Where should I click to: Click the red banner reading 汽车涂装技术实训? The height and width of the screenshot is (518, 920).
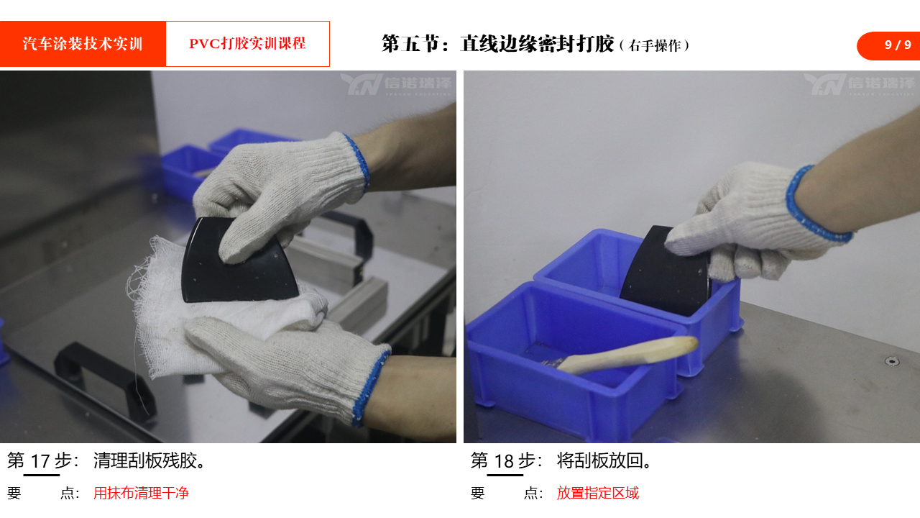83,44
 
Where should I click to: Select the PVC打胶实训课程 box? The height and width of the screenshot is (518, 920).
248,44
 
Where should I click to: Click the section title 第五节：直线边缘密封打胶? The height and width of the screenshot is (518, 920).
498,44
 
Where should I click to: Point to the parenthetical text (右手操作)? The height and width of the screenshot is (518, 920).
655,45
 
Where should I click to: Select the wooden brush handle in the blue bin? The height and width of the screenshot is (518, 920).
628,353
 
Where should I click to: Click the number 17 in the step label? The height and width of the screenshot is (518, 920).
41,461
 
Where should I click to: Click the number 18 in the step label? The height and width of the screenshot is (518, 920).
504,461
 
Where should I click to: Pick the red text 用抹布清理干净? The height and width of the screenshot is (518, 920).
141,493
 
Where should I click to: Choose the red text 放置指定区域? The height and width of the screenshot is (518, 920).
597,493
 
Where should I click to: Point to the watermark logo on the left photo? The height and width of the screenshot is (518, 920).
396,84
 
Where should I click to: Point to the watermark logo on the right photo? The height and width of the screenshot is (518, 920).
860,84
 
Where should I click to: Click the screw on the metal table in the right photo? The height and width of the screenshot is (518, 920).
892,361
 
